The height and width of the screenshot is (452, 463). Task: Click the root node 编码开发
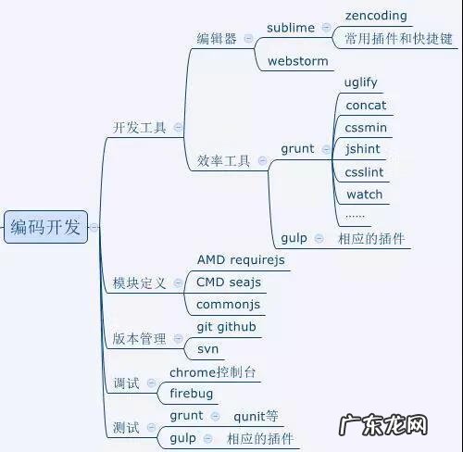coord(45,226)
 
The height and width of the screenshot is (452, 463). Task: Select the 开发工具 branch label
coord(140,128)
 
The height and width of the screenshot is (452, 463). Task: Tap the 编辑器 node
coord(216,40)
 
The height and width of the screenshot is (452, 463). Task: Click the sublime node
coord(291,28)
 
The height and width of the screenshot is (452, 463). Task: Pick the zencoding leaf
coord(375,17)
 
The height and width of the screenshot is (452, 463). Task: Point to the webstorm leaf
coord(297,61)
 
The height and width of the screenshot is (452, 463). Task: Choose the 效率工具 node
coord(223,160)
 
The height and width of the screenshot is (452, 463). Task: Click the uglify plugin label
coord(360,82)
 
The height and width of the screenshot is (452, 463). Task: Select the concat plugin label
coord(365,105)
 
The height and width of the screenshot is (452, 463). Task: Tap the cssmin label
coord(365,127)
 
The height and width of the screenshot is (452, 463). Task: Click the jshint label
coord(362,149)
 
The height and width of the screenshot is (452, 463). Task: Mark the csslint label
coord(364,172)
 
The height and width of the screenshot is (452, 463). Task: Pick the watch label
coord(364,195)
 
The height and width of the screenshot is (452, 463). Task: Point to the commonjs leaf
coord(229,304)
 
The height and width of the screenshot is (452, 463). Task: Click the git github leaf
coord(227,327)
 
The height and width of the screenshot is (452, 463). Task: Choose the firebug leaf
coord(191,394)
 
